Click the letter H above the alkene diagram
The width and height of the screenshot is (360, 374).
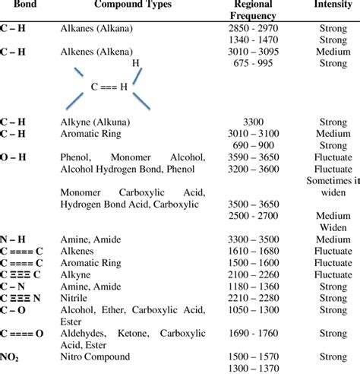click(136, 63)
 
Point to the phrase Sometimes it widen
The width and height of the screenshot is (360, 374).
click(333, 186)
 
